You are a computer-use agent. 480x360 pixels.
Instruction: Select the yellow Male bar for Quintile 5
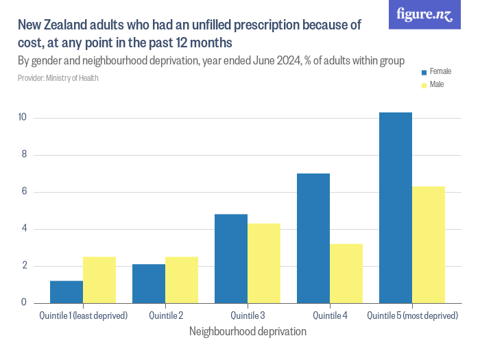(x=429, y=244)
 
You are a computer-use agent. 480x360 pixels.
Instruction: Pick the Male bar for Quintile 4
(x=346, y=273)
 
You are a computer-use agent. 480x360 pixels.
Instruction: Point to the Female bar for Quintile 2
(x=149, y=283)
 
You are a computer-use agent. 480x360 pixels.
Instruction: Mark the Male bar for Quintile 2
(x=182, y=280)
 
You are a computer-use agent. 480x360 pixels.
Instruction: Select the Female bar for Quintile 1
(x=67, y=291)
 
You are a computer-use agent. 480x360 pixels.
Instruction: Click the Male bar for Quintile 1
(x=99, y=280)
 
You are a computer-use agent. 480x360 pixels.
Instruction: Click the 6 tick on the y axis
(x=23, y=192)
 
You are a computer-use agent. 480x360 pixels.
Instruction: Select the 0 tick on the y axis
(x=23, y=302)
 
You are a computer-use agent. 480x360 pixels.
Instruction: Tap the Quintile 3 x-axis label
(x=248, y=315)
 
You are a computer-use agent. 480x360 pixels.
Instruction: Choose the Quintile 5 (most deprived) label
(x=412, y=315)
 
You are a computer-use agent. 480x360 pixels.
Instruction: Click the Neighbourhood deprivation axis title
(x=247, y=331)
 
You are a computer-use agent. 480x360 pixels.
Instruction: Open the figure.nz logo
(x=424, y=14)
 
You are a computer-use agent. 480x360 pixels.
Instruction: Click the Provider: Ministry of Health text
(x=58, y=78)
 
